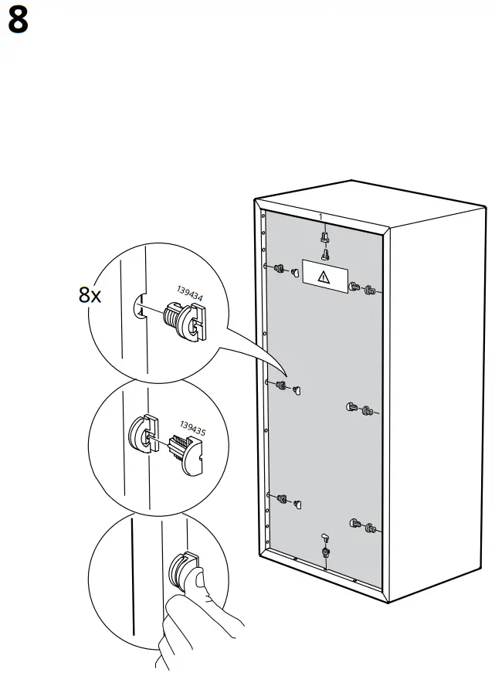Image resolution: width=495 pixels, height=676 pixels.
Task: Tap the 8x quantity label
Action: click(90, 294)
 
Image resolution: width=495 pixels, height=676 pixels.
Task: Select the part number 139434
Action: click(190, 294)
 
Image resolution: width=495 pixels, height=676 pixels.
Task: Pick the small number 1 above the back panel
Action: click(320, 216)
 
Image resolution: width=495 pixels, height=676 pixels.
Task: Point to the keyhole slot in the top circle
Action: click(140, 307)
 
